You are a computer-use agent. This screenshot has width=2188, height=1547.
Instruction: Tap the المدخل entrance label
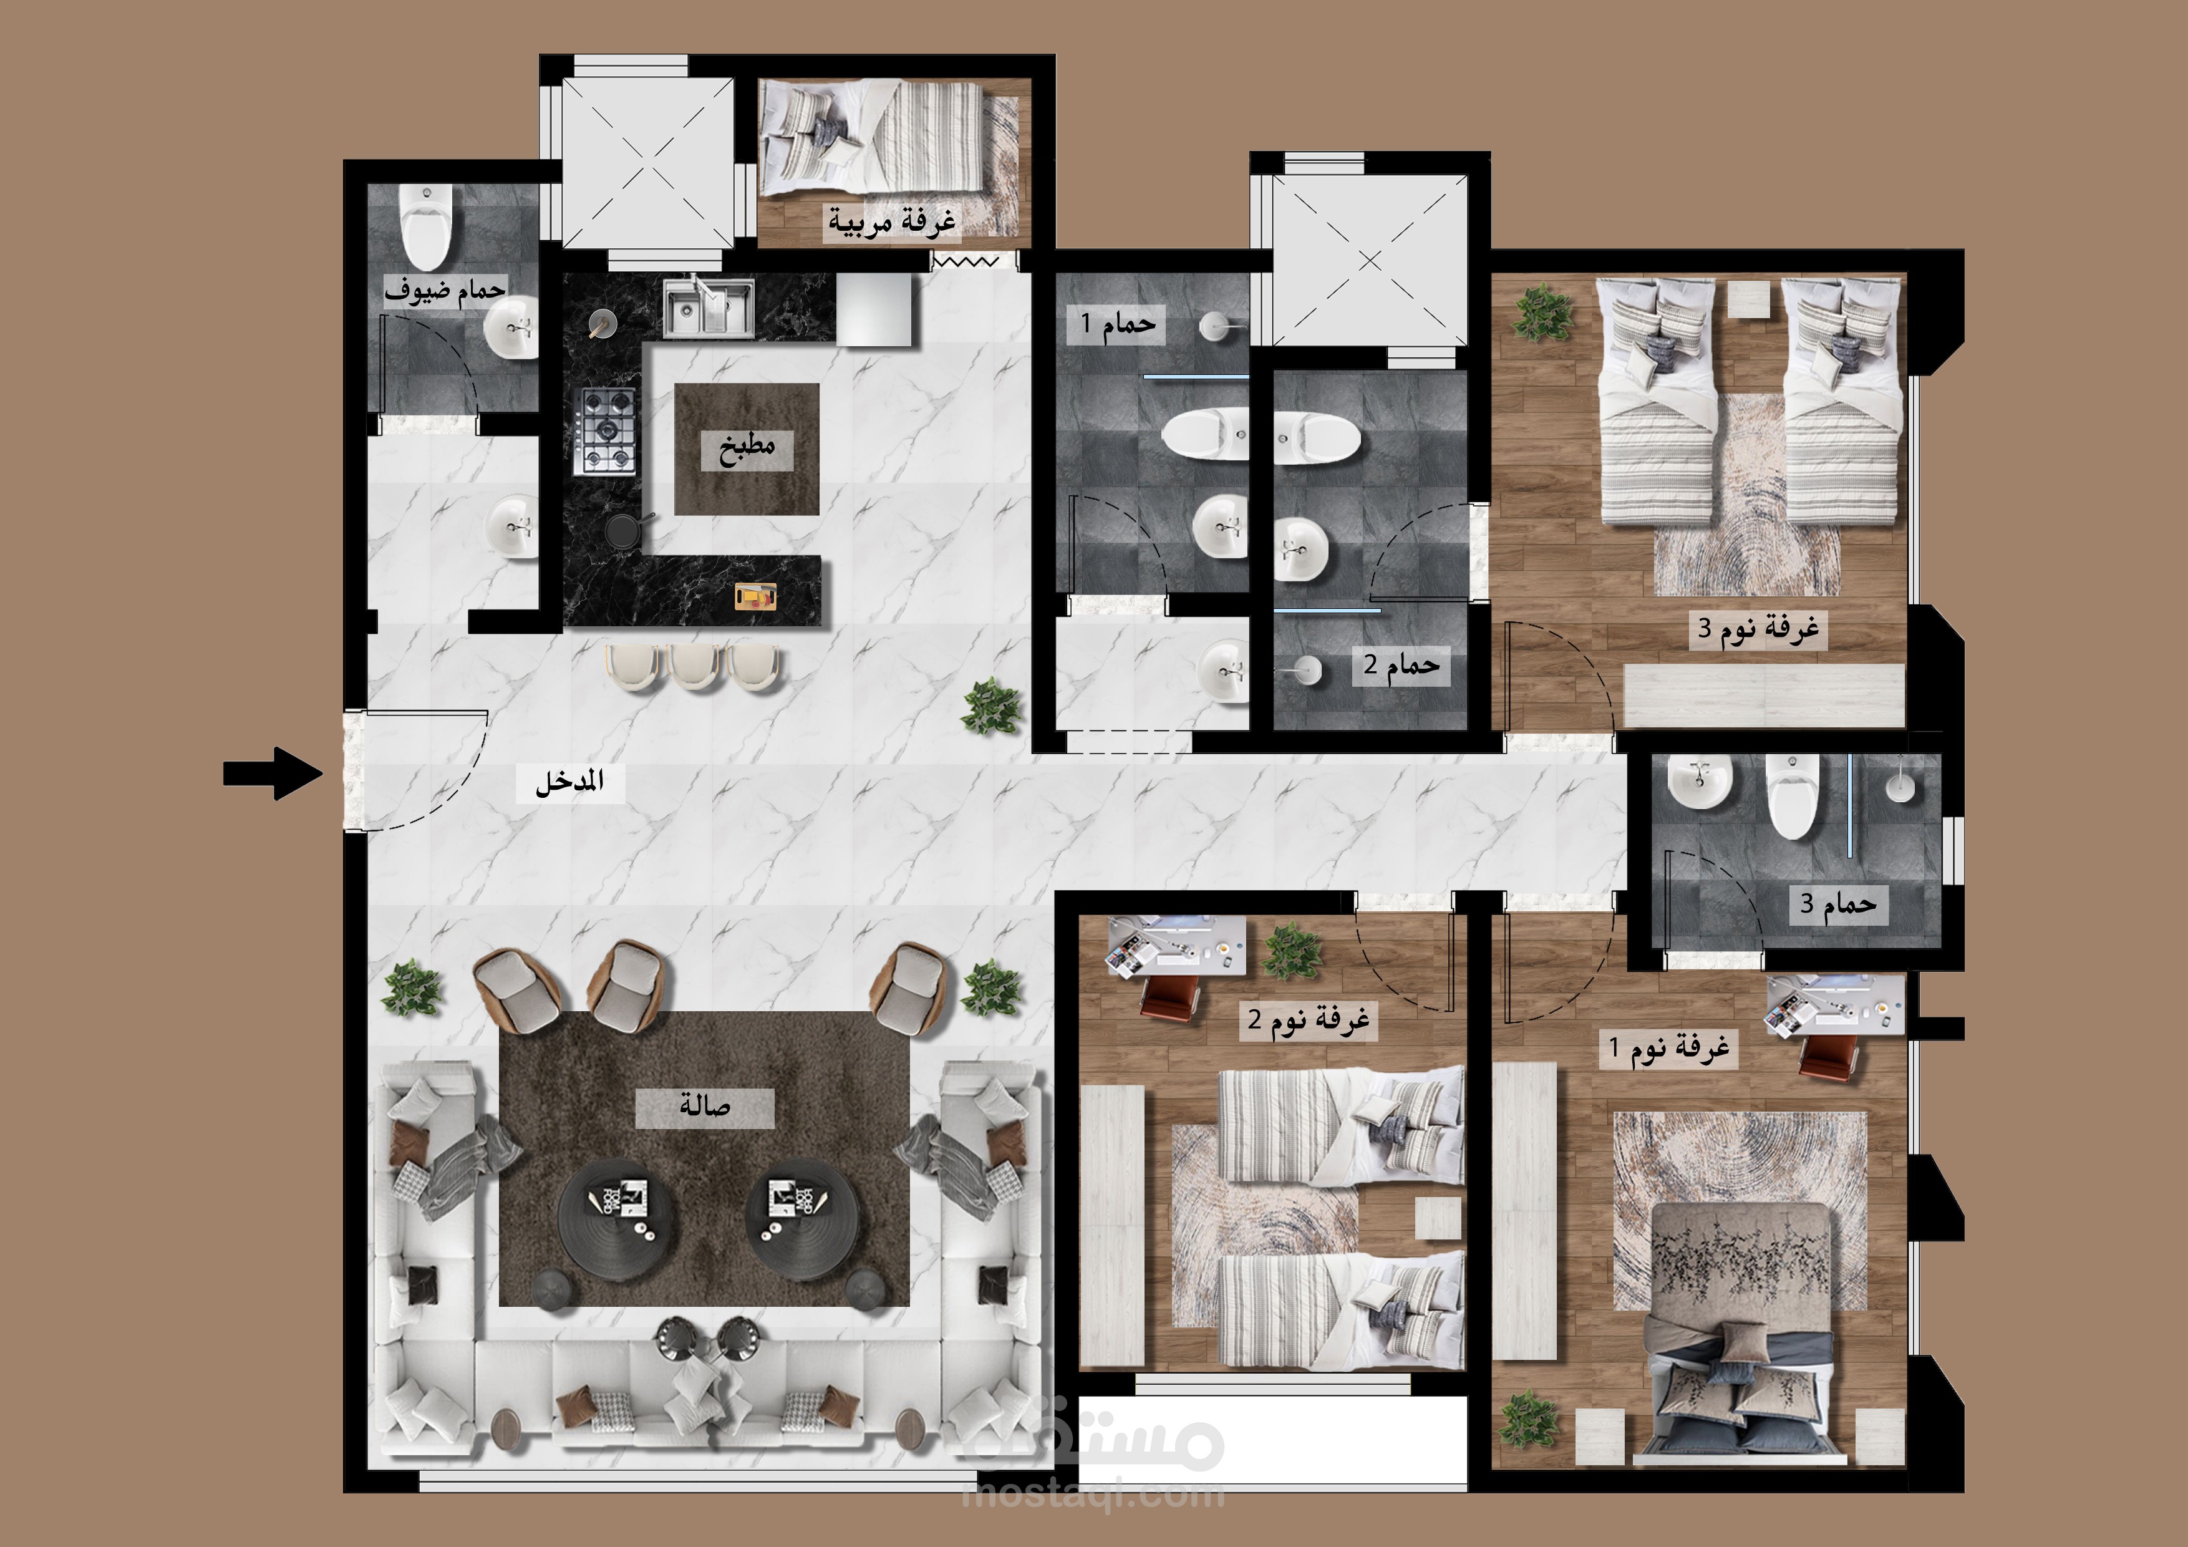point(570,783)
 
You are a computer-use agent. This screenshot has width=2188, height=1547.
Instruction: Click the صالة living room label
point(705,1106)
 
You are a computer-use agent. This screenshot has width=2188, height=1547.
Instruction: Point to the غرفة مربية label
point(891,221)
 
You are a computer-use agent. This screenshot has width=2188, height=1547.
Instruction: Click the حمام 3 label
point(1837,903)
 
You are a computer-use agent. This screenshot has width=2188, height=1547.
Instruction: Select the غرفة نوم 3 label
point(1759,628)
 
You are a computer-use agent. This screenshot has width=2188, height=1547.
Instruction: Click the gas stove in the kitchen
point(606,432)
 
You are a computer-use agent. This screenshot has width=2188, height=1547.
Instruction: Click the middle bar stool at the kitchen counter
point(694,664)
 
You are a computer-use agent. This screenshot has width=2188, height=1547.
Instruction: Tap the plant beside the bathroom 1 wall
point(992,706)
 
